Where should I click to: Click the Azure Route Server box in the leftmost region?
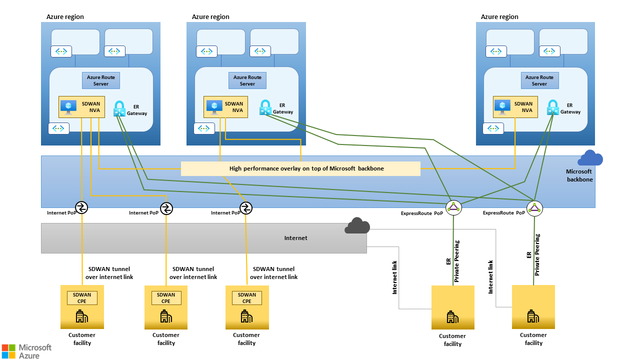coord(101,80)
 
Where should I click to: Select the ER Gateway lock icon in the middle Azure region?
coord(265,107)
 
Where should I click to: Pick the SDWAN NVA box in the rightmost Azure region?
coord(515,107)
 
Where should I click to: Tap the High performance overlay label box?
coord(300,168)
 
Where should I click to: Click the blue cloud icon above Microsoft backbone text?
coord(590,158)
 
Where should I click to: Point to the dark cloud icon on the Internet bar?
coord(357,226)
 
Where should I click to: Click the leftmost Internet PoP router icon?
coord(81,207)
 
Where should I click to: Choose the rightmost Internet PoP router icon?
coord(245,207)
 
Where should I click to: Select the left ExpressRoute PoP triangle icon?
coord(453,207)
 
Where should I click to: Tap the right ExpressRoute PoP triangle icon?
coord(534,208)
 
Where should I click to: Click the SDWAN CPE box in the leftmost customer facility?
coord(82,298)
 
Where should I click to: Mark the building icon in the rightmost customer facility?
coord(533,316)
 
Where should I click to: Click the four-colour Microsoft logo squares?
coord(8,350)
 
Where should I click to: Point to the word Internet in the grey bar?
coord(295,238)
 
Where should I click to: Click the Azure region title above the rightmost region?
coord(499,16)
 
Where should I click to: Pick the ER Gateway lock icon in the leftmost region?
coord(119,108)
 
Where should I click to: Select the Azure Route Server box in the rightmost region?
coord(539,80)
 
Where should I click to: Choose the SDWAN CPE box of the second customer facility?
coord(166,298)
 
